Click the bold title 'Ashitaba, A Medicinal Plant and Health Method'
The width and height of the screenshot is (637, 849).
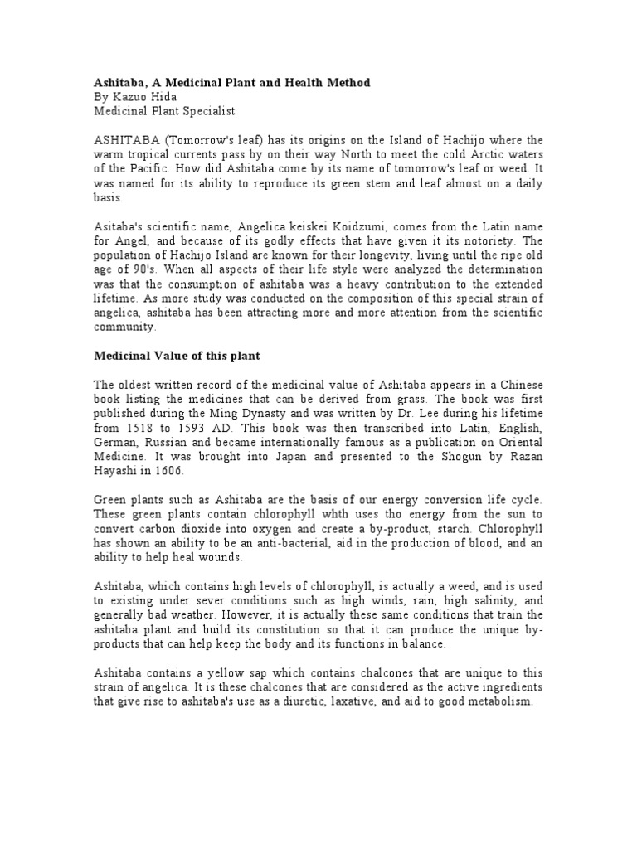tap(231, 83)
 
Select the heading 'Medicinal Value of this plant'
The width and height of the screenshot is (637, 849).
tap(177, 356)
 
